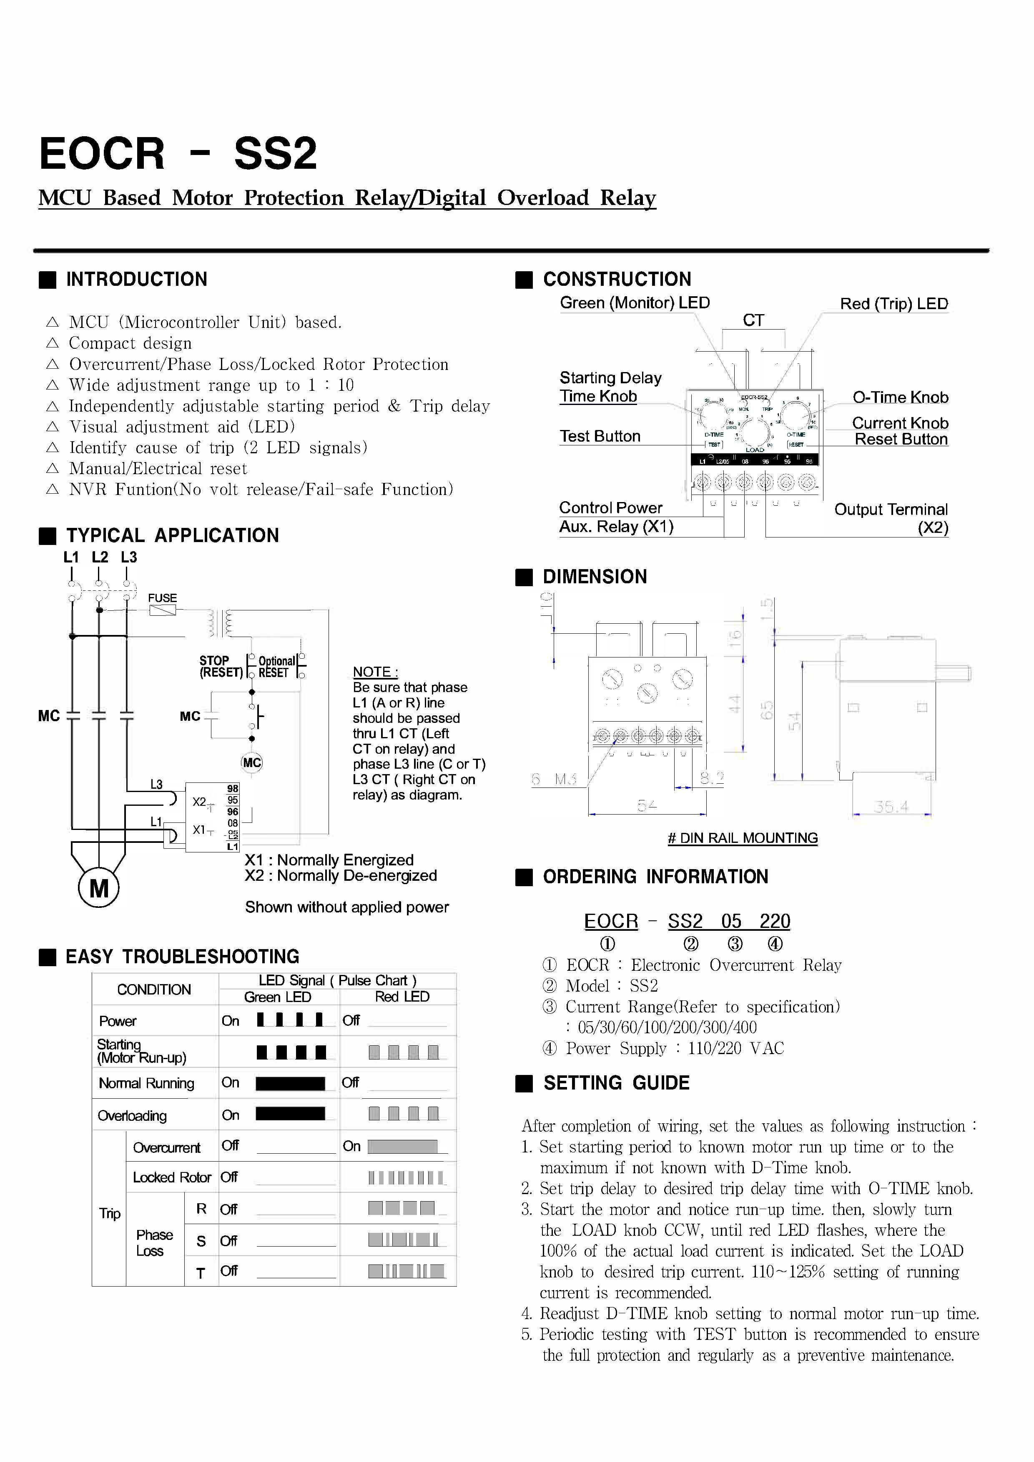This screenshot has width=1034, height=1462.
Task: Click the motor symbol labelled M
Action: click(99, 888)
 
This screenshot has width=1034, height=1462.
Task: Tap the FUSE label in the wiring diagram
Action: click(163, 598)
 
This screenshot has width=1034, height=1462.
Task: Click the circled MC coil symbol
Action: click(252, 763)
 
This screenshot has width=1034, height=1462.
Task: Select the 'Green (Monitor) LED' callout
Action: click(635, 303)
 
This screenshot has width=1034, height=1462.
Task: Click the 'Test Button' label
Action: click(600, 436)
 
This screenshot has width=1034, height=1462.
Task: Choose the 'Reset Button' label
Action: click(901, 440)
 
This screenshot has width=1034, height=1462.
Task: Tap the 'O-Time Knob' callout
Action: click(900, 397)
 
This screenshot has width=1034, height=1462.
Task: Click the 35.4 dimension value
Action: click(891, 807)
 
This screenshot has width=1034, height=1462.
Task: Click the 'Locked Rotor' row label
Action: click(171, 1177)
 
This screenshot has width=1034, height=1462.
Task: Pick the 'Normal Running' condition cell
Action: click(146, 1083)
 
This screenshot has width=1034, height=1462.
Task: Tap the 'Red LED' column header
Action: click(402, 997)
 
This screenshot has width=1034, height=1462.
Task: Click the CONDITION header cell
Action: click(154, 989)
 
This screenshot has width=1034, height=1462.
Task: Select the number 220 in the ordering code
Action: click(775, 921)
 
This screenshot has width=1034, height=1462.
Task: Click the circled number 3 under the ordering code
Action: click(735, 944)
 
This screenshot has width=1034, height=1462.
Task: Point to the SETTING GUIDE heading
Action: click(616, 1083)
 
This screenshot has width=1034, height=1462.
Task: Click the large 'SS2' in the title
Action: click(275, 154)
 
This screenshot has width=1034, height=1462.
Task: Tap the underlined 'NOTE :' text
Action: click(375, 672)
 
